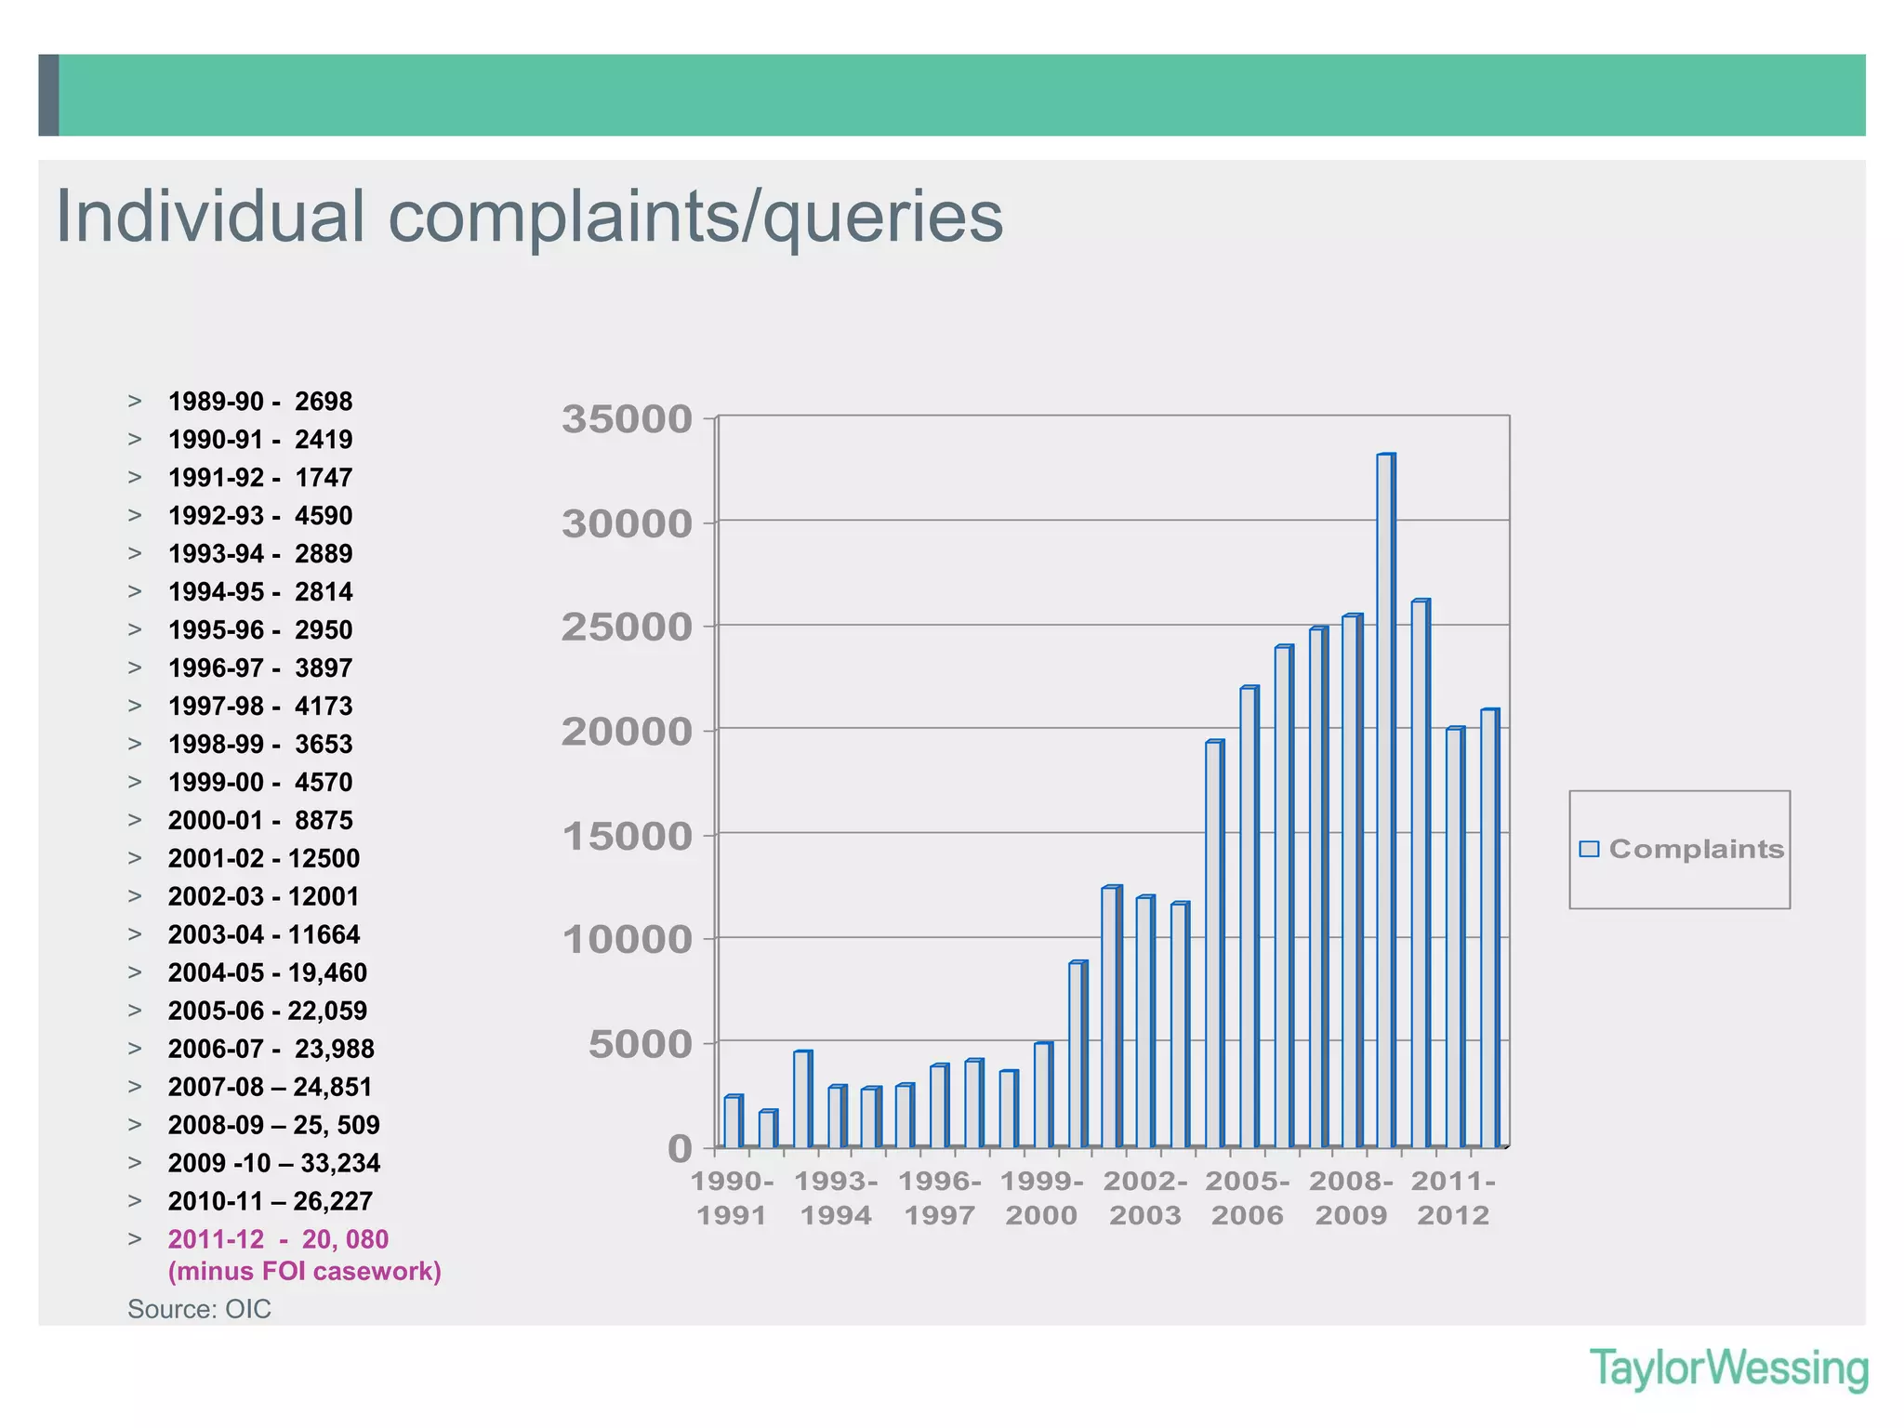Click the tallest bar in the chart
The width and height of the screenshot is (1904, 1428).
click(x=1385, y=800)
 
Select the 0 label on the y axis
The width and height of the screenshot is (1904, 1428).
click(x=681, y=1149)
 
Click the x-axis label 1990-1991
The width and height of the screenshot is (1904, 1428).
click(x=732, y=1198)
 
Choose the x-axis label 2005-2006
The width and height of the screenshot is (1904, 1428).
click(x=1248, y=1198)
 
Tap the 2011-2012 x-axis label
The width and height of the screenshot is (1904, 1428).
click(x=1453, y=1198)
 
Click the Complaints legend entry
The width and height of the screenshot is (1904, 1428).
click(x=1683, y=849)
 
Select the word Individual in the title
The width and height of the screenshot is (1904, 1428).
click(x=210, y=217)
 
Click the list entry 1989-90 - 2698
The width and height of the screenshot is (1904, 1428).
click(x=260, y=402)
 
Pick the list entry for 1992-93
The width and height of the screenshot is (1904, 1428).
click(x=260, y=516)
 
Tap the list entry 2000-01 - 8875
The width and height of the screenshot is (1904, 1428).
click(x=260, y=821)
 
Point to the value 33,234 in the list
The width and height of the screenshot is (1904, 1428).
click(x=340, y=1163)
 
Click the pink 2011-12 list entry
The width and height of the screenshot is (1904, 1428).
click(x=278, y=1239)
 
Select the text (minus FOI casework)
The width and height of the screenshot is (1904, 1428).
click(x=304, y=1271)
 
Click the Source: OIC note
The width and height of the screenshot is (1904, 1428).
click(x=199, y=1309)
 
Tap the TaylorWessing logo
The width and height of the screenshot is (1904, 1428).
click(x=1728, y=1368)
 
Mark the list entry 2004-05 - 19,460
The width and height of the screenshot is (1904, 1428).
click(x=267, y=972)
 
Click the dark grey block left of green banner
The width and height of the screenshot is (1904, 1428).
click(x=48, y=95)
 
